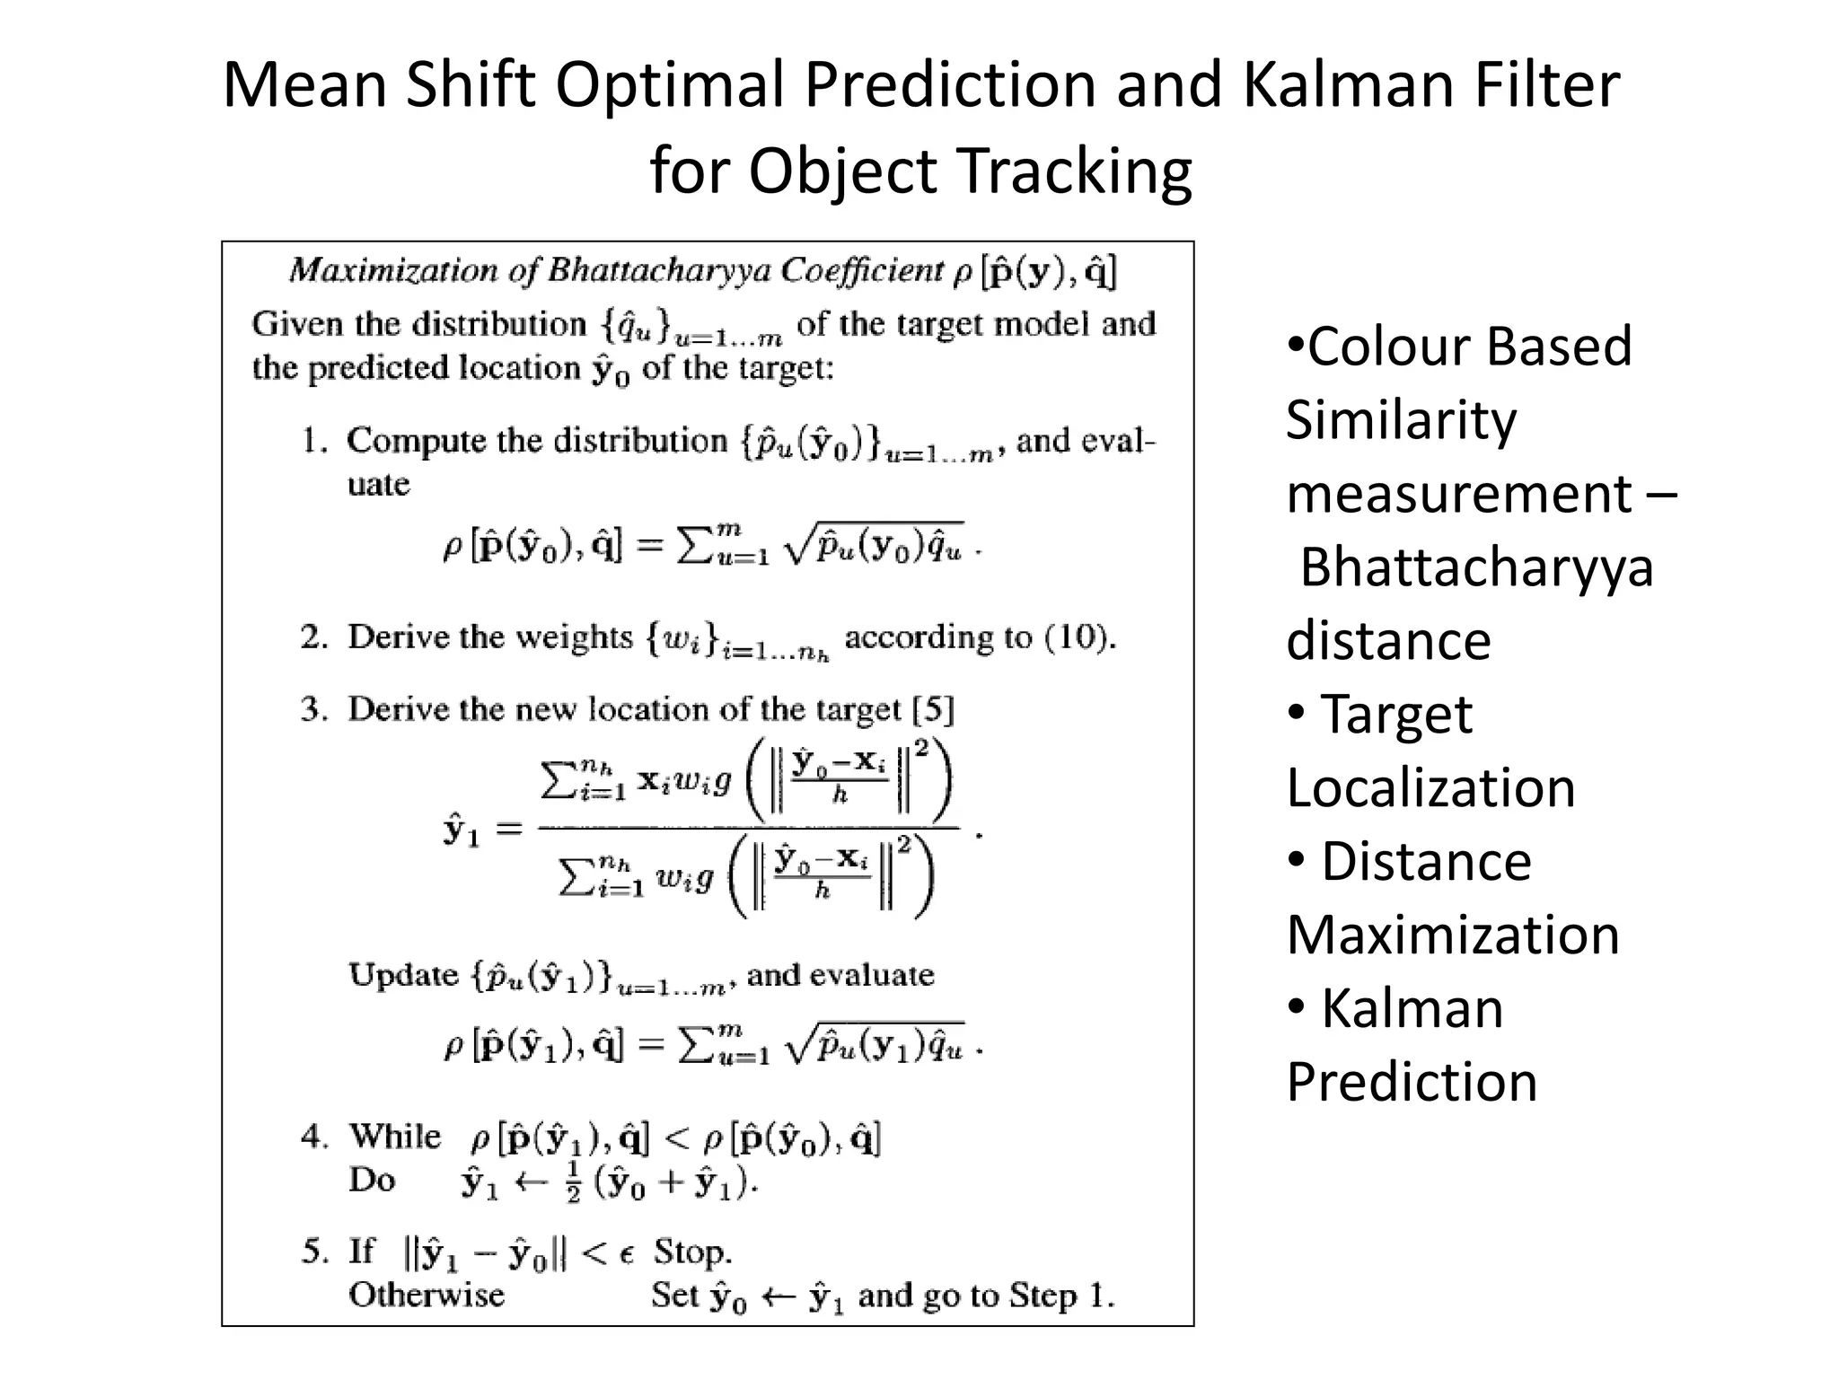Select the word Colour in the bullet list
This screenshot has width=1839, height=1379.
pos(1373,347)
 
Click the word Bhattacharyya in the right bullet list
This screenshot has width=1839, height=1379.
pos(1476,567)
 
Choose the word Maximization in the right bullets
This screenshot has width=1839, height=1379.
pos(1453,935)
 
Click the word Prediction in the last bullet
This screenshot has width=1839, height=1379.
pos(1412,1082)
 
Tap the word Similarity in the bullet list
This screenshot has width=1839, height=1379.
pos(1401,420)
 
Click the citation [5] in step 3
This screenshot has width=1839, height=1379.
pos(932,710)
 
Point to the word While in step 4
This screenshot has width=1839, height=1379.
pos(395,1137)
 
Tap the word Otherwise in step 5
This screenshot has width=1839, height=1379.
pos(427,1295)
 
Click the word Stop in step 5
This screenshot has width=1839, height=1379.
pos(691,1252)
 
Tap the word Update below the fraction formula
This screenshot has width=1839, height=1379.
pos(403,975)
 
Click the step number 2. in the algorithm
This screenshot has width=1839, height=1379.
pos(313,637)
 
